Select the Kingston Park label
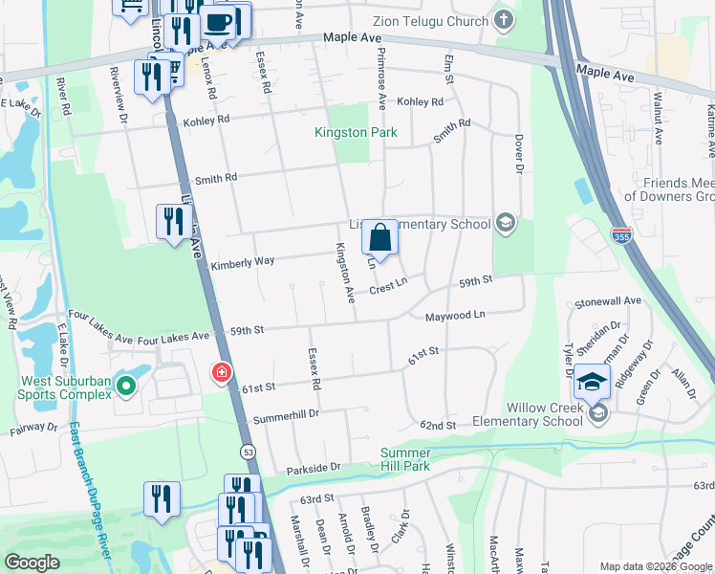click(x=356, y=132)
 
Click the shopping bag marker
click(x=379, y=237)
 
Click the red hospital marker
click(x=222, y=371)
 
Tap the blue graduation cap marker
click(x=593, y=382)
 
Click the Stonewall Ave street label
click(x=607, y=299)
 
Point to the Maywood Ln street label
click(x=455, y=314)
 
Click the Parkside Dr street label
click(x=314, y=469)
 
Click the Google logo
click(x=32, y=563)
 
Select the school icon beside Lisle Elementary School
click(x=505, y=224)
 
